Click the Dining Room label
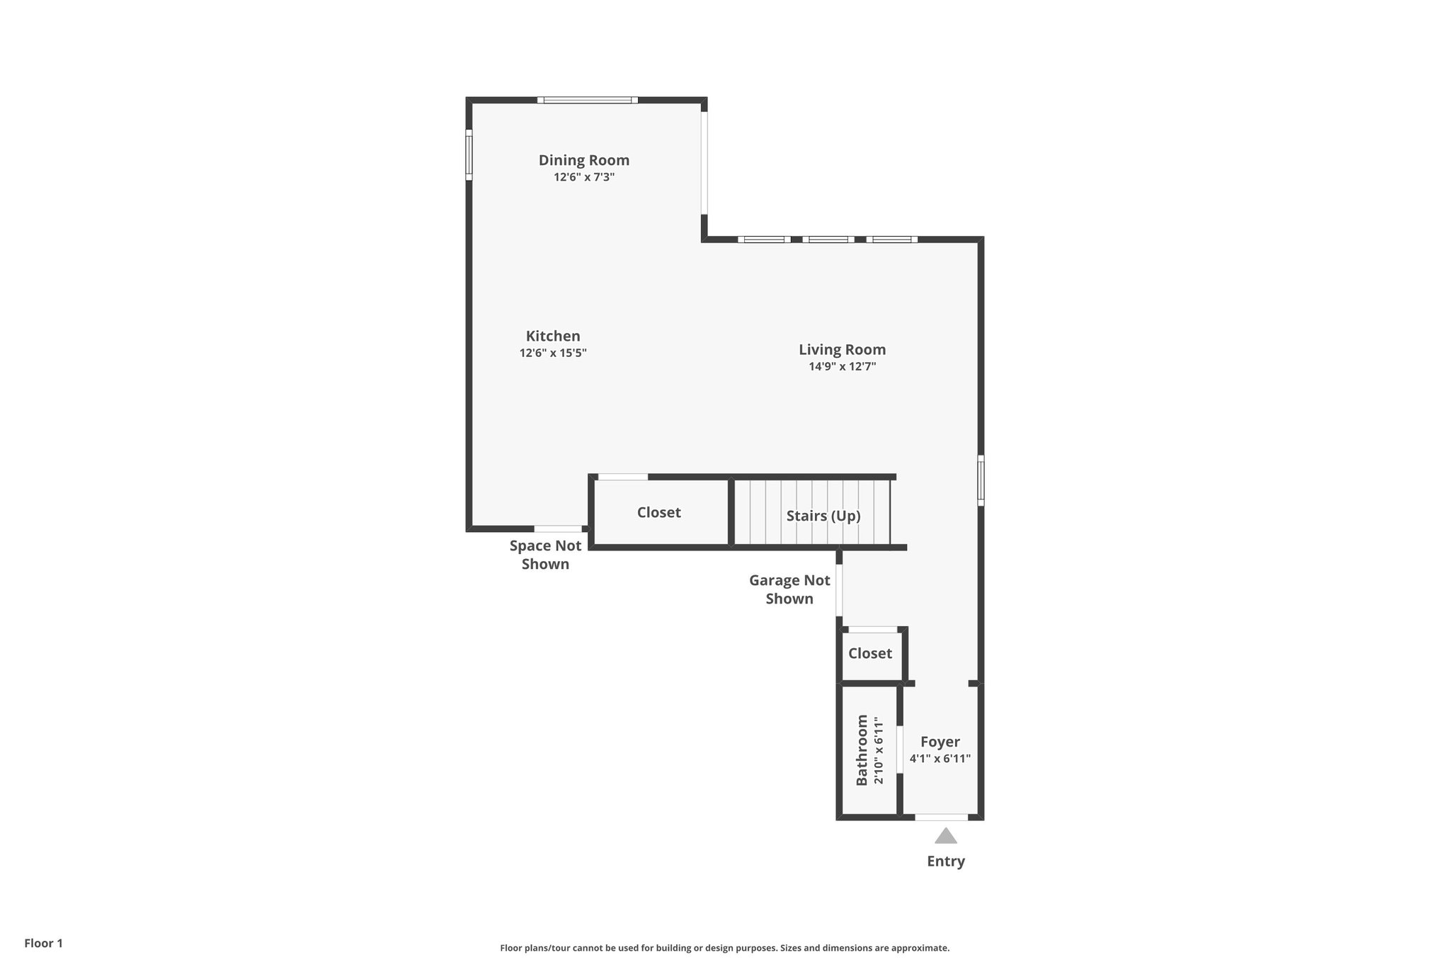click(583, 160)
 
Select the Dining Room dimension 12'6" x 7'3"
click(583, 177)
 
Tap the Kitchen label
click(553, 337)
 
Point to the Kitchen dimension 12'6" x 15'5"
click(553, 353)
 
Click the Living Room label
click(842, 349)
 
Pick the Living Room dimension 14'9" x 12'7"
click(842, 367)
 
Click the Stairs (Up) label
click(823, 516)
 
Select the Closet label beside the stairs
click(658, 512)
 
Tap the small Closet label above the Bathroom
click(870, 653)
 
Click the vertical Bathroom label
click(862, 750)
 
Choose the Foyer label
click(940, 742)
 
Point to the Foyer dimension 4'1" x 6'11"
click(940, 759)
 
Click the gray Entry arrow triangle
click(945, 837)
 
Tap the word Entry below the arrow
click(945, 861)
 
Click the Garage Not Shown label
click(789, 589)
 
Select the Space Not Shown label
click(545, 555)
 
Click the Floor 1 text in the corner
click(43, 943)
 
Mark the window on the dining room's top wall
click(587, 100)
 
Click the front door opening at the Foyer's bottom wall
click(941, 818)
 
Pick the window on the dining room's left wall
click(469, 154)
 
